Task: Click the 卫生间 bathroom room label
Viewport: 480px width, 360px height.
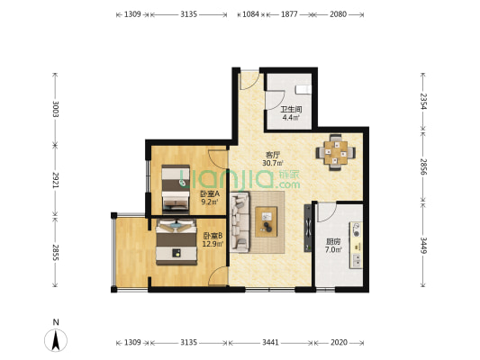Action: click(292, 109)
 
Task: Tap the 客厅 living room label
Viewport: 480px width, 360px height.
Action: click(273, 155)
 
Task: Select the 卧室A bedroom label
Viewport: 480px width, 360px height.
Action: click(210, 193)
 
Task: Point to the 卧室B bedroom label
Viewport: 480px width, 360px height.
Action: click(213, 236)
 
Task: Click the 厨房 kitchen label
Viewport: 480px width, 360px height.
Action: click(332, 241)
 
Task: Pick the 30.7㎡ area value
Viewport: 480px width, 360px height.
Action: click(273, 163)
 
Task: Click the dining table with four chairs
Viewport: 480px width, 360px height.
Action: click(336, 152)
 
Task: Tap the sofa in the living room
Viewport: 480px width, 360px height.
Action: click(240, 221)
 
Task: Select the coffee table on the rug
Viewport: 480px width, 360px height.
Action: click(267, 221)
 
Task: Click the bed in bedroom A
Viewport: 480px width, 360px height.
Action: click(176, 188)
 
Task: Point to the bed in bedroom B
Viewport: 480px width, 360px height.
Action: click(177, 241)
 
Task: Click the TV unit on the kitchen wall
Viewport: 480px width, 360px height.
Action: click(308, 229)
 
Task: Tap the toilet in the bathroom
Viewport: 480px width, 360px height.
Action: click(303, 90)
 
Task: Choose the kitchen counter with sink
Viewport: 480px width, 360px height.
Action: click(357, 246)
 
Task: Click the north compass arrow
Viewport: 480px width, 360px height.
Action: click(56, 340)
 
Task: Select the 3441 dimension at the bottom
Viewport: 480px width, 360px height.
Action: click(270, 343)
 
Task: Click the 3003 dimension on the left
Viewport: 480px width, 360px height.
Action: click(56, 109)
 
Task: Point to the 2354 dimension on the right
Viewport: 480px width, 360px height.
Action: click(422, 101)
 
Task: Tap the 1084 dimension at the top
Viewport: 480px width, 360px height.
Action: click(250, 14)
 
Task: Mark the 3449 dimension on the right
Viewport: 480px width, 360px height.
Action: click(422, 246)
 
